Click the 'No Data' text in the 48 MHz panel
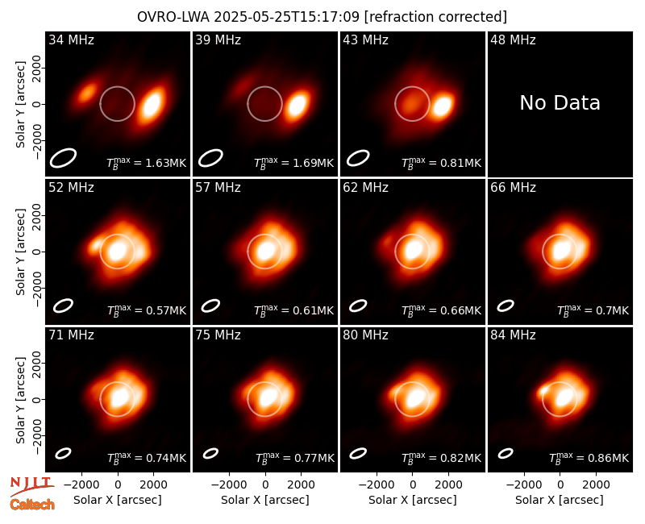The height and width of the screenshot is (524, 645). (560, 103)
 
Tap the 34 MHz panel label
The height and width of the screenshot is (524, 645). (71, 40)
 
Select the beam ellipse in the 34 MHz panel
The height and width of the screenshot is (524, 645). (63, 158)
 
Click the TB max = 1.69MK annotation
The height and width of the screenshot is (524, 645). (293, 163)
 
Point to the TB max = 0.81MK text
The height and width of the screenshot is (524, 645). (441, 163)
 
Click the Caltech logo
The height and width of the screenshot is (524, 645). (32, 505)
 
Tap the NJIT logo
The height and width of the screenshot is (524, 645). (31, 485)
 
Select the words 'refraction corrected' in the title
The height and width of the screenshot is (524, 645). (435, 17)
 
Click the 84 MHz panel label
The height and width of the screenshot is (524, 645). (513, 335)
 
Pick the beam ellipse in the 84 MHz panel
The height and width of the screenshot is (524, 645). (506, 453)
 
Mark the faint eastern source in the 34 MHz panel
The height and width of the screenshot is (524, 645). (87, 92)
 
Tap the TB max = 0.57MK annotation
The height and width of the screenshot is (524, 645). (147, 310)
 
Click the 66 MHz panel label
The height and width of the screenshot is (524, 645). (513, 188)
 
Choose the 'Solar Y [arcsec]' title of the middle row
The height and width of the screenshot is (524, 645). (20, 252)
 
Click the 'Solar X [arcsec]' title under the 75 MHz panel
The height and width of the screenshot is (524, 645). (265, 500)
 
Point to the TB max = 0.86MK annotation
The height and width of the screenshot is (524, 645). (589, 458)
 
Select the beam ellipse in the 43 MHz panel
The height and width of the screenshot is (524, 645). (358, 158)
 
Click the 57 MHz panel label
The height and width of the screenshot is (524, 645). (218, 188)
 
